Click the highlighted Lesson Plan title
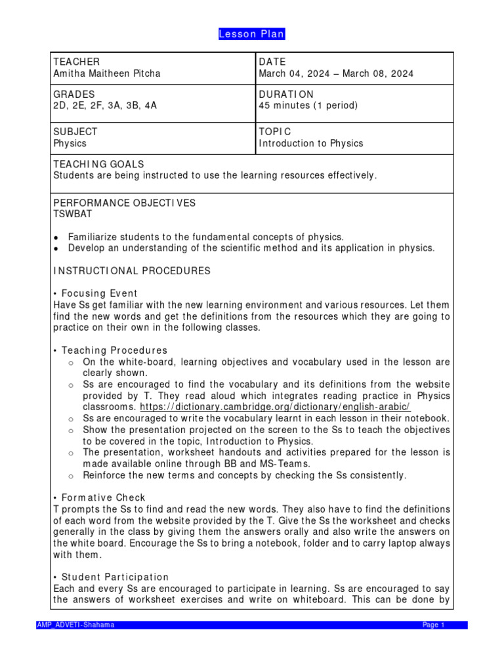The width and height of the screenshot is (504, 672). point(252,34)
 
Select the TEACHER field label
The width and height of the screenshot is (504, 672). point(76,62)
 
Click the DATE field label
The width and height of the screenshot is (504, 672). point(272,62)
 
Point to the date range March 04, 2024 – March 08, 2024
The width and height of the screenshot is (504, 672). point(336,73)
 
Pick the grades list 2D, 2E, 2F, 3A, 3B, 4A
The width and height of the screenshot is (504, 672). point(105,106)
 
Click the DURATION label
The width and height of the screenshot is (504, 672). point(286,94)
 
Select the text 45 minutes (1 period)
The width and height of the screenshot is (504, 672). point(308,106)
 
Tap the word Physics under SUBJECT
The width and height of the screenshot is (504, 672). point(70,143)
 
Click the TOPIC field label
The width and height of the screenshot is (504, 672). point(274,131)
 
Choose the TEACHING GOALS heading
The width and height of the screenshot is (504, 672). point(98,163)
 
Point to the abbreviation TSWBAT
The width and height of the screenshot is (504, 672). point(73,214)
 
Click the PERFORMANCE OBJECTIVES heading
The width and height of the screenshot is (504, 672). point(124,203)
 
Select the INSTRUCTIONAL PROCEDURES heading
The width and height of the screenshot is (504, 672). point(131,270)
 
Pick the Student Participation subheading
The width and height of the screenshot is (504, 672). point(114,577)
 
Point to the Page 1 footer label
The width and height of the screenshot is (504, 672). point(434,625)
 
